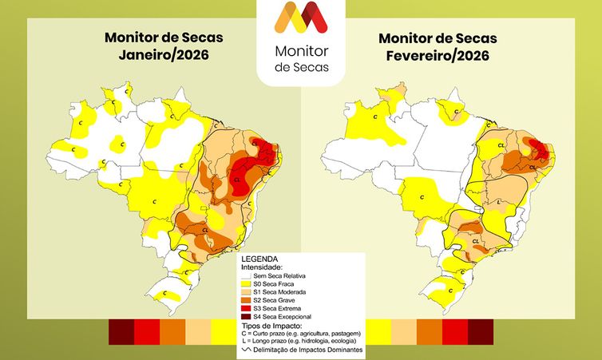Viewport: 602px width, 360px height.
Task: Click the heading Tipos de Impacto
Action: tap(271, 326)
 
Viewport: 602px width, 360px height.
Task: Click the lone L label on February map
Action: tap(499, 202)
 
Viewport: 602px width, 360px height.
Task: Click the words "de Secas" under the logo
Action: tap(300, 66)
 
